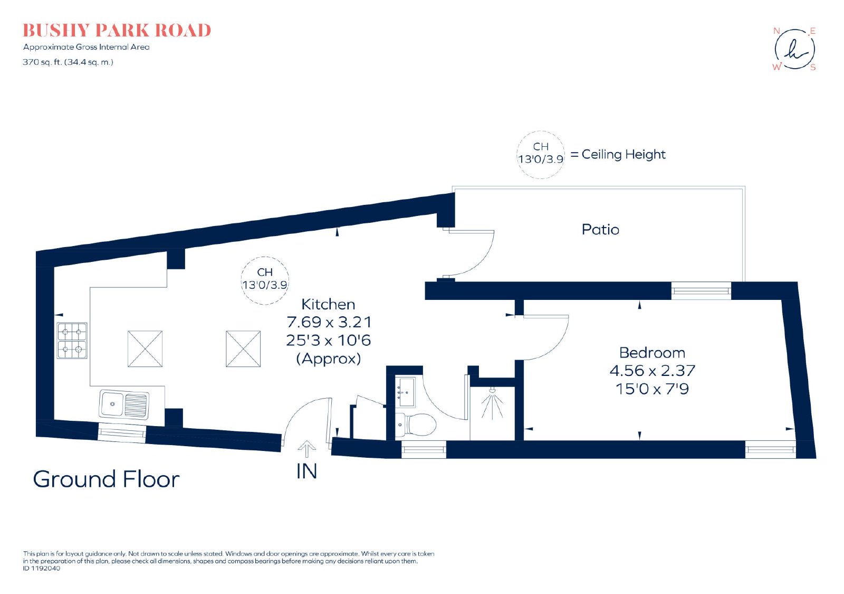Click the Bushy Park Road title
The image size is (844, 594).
pos(117,31)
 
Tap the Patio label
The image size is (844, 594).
pos(600,230)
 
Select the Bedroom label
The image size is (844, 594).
pos(652,353)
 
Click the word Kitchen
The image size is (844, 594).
pos(328,304)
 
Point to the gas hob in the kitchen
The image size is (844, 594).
pos(72,341)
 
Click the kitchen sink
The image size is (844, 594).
pos(124,404)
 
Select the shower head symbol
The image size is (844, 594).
pos(492,403)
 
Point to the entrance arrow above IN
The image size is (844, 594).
pos(306,449)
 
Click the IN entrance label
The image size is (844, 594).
pos(306,472)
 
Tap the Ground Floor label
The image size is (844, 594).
pos(106,479)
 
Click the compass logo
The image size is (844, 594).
pos(794,50)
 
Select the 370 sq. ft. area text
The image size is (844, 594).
pos(68,62)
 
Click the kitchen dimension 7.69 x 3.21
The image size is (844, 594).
pos(329,322)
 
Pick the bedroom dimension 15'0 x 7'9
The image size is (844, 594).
pos(652,389)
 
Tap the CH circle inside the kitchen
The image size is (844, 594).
pos(265,257)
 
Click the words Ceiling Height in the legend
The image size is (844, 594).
pos(624,155)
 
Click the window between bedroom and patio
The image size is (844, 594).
pos(701,291)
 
